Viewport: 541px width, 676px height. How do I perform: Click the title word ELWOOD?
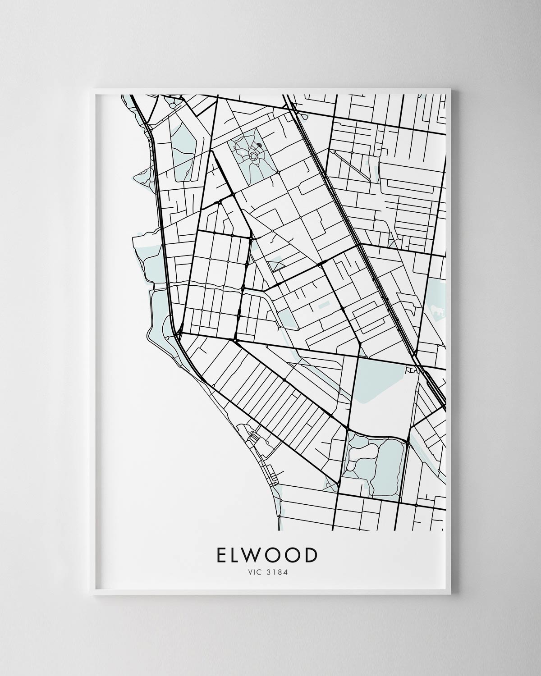click(x=267, y=555)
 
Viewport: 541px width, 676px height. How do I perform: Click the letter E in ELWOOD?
click(x=222, y=555)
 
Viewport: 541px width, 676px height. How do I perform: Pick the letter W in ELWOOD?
click(x=257, y=555)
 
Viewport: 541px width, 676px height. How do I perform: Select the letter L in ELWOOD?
click(x=238, y=555)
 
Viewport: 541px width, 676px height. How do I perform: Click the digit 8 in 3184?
click(x=279, y=573)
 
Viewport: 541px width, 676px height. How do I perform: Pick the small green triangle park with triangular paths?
click(x=276, y=264)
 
